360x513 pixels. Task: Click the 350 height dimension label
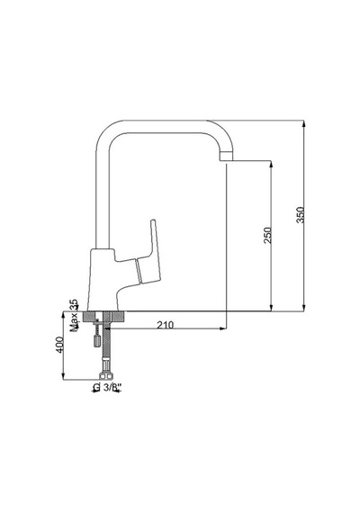(x=300, y=214)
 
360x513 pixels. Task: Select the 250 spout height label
(x=267, y=235)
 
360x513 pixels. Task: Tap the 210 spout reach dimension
(x=166, y=325)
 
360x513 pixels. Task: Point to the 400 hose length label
(x=59, y=345)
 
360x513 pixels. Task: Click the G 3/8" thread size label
(x=106, y=387)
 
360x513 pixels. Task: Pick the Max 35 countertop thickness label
(x=75, y=315)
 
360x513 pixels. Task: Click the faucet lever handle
(x=149, y=252)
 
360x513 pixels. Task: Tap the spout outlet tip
(x=226, y=157)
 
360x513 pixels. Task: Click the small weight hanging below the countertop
(x=97, y=340)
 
